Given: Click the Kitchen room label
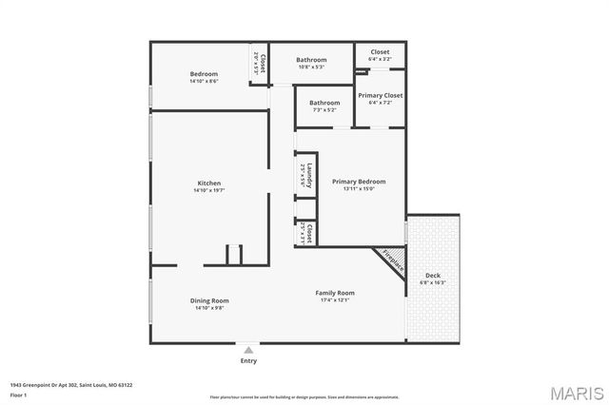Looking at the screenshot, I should pyautogui.click(x=209, y=183).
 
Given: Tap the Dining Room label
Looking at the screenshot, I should pyautogui.click(x=209, y=300).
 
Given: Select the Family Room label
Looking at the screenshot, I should pyautogui.click(x=335, y=293).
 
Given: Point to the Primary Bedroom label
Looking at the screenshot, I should pyautogui.click(x=359, y=181).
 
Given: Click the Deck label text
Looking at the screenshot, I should pyautogui.click(x=432, y=275).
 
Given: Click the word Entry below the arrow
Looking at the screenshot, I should pyautogui.click(x=248, y=361).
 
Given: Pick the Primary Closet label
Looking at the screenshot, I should pyautogui.click(x=380, y=95).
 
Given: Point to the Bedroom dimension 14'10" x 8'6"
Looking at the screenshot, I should pyautogui.click(x=204, y=81).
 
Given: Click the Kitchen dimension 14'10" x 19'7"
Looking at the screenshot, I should pyautogui.click(x=209, y=190).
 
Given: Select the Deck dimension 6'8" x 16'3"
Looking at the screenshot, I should pyautogui.click(x=432, y=282).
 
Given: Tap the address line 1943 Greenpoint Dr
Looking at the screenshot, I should pyautogui.click(x=71, y=385).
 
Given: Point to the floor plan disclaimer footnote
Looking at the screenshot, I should pyautogui.click(x=304, y=396).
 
